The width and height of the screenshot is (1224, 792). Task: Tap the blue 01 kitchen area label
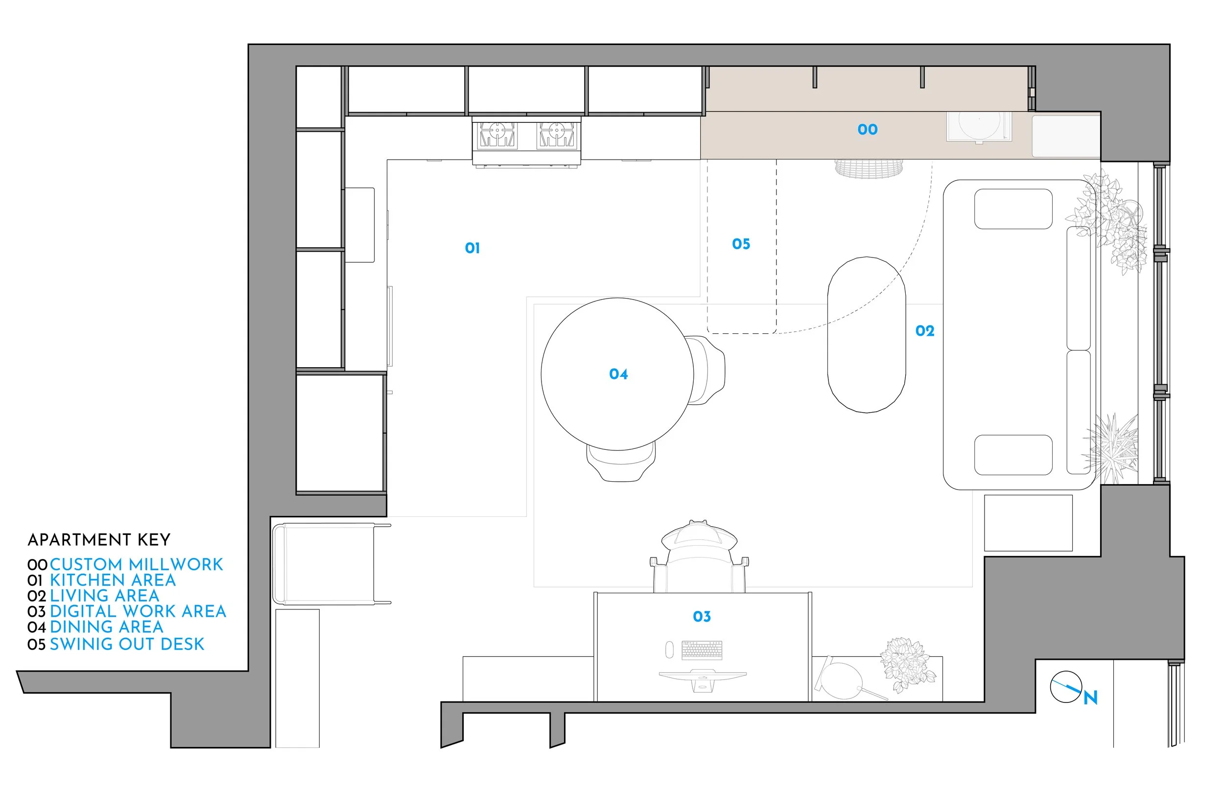[x=472, y=248]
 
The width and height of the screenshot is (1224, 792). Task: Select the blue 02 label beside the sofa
[x=924, y=331]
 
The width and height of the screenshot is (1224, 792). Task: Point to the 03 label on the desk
[x=702, y=616]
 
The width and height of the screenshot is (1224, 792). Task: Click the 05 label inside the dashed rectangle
[x=741, y=244]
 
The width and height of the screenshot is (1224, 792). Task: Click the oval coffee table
[x=866, y=334]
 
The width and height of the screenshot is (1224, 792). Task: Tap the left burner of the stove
[x=497, y=133]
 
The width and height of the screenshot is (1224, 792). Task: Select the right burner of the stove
[x=557, y=133]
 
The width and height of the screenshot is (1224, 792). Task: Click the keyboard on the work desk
[x=702, y=650]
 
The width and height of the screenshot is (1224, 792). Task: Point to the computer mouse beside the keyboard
[x=669, y=650]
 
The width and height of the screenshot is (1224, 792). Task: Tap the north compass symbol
[x=1066, y=687]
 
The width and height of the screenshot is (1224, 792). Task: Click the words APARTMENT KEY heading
[x=99, y=540]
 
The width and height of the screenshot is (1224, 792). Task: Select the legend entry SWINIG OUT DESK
[x=126, y=644]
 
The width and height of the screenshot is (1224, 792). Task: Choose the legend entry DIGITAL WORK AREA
[x=138, y=611]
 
